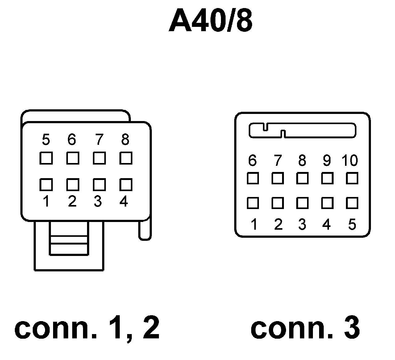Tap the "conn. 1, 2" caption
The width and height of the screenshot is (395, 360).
tap(87, 328)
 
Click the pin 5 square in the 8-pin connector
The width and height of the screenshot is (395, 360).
tap(46, 158)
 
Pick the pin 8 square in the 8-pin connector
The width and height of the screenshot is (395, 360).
tap(126, 158)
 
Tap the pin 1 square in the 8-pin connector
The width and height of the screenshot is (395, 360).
tap(46, 185)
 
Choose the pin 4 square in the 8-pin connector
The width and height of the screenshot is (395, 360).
tap(126, 185)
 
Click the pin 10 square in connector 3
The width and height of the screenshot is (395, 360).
tap(352, 178)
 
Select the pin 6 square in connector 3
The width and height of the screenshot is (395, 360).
tap(253, 178)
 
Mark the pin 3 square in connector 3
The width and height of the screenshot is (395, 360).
tap(302, 203)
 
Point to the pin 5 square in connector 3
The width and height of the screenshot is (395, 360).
tap(352, 203)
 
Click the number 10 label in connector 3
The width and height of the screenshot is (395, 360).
tap(350, 161)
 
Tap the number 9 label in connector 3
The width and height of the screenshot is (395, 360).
tap(326, 161)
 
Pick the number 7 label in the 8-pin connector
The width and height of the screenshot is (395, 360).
tap(99, 140)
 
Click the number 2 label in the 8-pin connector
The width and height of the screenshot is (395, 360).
tap(72, 202)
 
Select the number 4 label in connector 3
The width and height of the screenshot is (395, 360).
tap(326, 224)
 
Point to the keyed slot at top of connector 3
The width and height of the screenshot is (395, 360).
tap(302, 131)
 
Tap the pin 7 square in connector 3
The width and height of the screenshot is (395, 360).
tap(278, 178)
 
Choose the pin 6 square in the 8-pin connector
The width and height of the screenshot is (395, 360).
tap(73, 158)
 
